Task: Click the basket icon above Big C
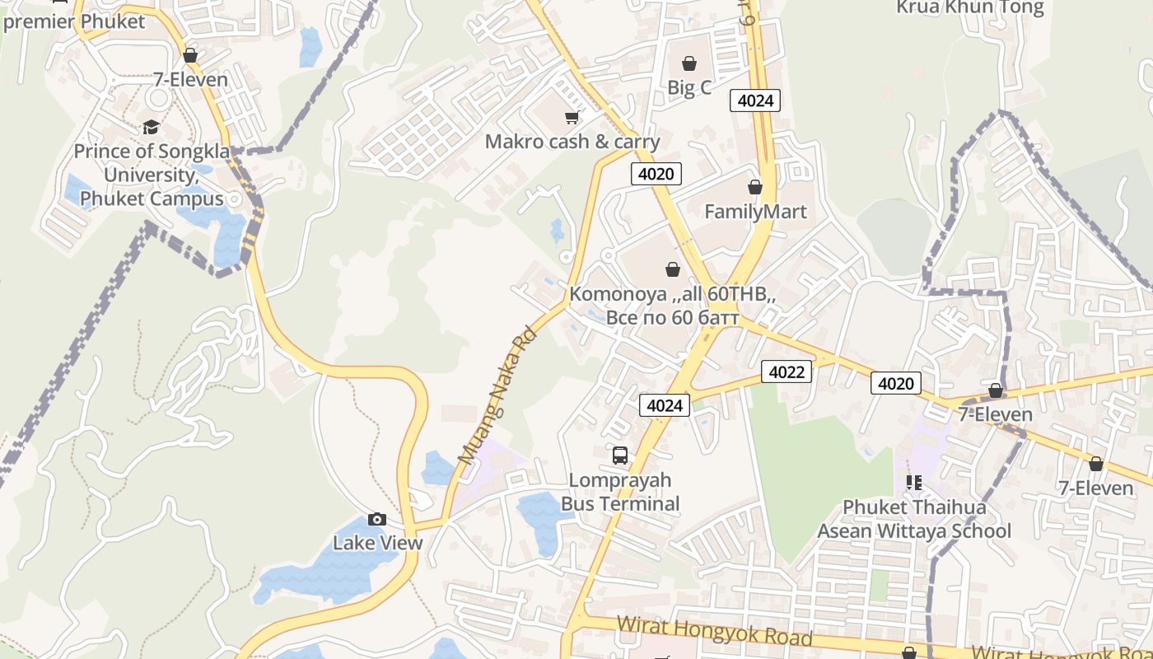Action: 689,63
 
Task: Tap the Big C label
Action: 689,87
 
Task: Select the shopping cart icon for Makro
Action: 572,118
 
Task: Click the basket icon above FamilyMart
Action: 755,188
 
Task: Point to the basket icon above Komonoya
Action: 673,269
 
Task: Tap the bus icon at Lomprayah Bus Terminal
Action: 620,455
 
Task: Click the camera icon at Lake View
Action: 377,519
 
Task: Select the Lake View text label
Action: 377,543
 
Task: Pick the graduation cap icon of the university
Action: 151,127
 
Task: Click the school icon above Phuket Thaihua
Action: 913,483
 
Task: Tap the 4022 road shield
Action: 786,372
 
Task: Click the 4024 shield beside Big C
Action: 755,100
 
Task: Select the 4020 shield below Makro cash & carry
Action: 656,174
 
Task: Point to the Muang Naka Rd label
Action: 497,396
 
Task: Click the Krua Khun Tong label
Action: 969,8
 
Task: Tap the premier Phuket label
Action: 74,21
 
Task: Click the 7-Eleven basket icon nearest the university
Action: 190,55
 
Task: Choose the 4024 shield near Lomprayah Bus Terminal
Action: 665,404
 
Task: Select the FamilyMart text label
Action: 755,212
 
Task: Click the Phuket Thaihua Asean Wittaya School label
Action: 913,519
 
